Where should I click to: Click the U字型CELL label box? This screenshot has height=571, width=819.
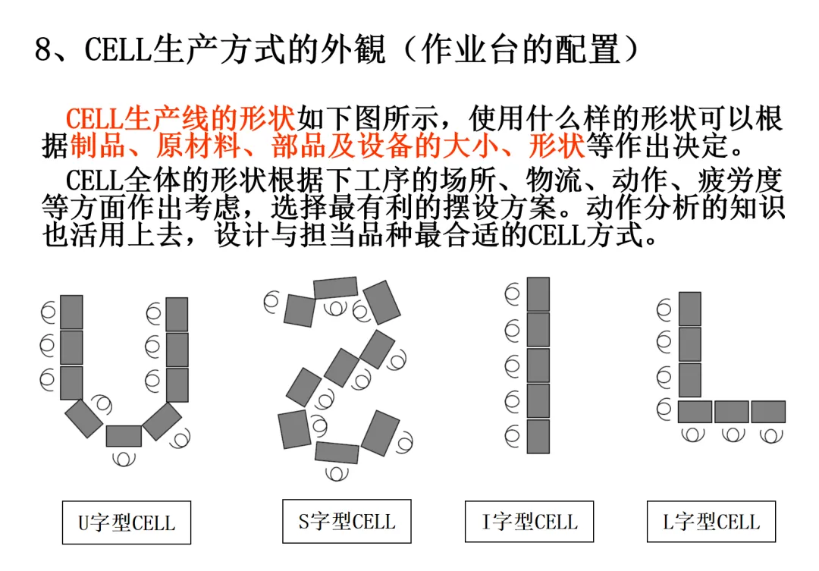126,522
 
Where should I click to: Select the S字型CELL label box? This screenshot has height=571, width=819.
347,521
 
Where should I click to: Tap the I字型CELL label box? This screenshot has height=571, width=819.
529,522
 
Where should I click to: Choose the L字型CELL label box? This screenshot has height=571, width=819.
711,522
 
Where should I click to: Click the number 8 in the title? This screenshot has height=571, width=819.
43,51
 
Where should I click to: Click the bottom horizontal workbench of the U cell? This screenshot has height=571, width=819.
124,436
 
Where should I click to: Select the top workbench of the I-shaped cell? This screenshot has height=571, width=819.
538,294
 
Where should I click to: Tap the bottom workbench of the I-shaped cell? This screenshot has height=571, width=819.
538,436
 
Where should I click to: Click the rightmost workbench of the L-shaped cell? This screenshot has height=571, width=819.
768,412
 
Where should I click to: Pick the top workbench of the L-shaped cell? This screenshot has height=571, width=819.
690,309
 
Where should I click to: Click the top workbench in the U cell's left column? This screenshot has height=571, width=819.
71,312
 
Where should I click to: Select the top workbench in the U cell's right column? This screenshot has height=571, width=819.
177,314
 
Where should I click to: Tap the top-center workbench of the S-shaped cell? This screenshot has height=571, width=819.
335,287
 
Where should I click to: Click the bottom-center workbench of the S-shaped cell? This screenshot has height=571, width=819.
337,453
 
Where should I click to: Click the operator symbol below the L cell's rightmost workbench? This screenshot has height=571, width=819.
770,435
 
